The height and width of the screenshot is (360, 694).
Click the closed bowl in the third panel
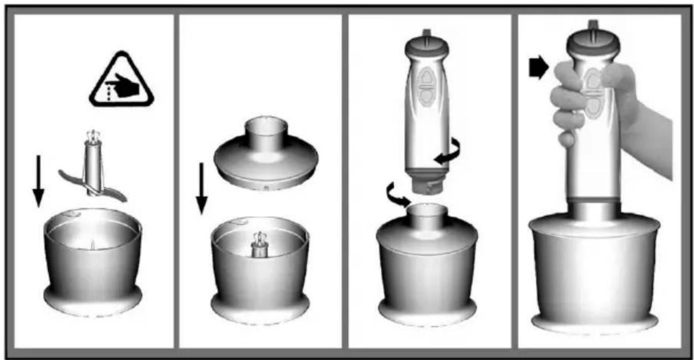click(x=427, y=269)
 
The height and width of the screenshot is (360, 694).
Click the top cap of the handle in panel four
click(x=594, y=40)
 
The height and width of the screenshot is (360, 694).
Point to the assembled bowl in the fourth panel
click(x=594, y=275)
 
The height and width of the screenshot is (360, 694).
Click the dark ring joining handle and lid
click(x=594, y=200)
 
